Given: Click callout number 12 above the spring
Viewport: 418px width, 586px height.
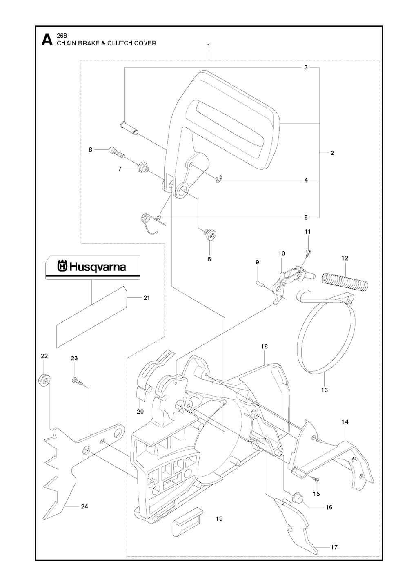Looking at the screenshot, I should (345, 258).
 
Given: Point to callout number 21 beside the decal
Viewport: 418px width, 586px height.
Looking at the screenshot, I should (146, 298).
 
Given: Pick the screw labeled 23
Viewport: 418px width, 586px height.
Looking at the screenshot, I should (77, 381).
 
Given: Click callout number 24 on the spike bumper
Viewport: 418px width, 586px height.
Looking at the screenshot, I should (84, 506).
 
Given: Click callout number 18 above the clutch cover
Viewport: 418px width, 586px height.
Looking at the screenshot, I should (264, 346).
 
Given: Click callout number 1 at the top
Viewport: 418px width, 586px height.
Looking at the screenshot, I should (209, 46).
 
